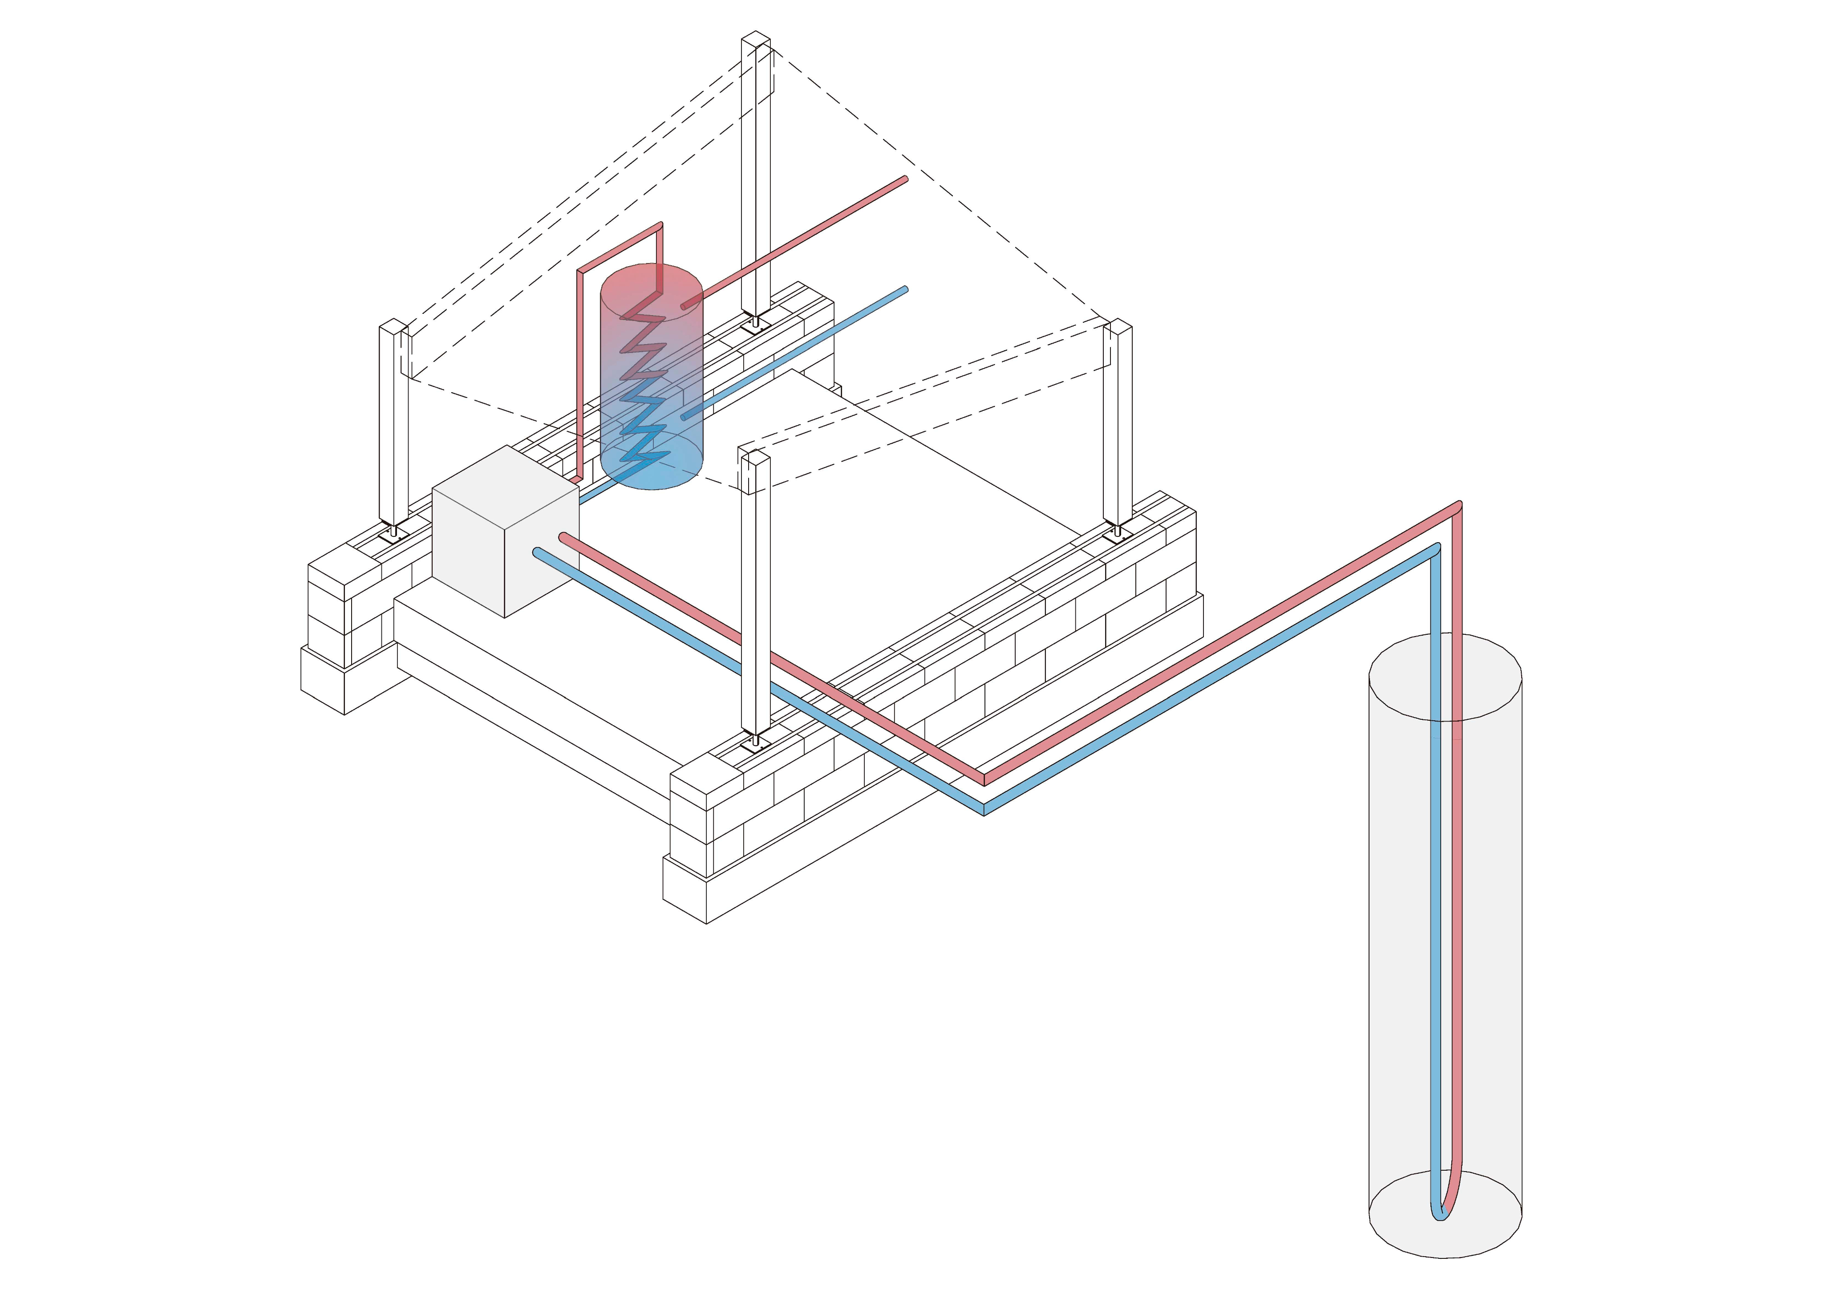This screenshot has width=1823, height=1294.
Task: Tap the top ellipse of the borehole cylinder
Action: [1445, 677]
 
